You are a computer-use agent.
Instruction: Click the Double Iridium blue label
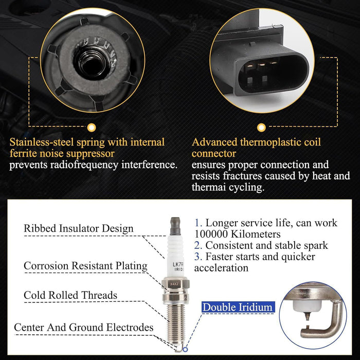coord(238,307)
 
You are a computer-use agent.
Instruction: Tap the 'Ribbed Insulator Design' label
coord(79,228)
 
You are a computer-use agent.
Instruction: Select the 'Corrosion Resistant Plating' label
coord(85,266)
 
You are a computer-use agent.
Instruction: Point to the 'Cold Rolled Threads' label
coord(70,295)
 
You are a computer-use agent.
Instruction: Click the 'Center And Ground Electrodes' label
coord(83,328)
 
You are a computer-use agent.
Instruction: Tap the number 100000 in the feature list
coord(211,234)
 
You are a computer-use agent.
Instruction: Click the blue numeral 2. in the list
coord(198,245)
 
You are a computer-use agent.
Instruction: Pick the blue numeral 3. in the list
coord(198,257)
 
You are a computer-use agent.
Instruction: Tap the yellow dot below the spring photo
coord(92,128)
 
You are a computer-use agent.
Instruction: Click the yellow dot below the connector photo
coord(261,128)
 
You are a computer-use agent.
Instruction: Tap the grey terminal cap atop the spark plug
coord(175,226)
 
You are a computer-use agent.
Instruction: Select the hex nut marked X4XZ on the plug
coord(175,284)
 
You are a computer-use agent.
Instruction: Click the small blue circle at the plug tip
coord(185,349)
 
